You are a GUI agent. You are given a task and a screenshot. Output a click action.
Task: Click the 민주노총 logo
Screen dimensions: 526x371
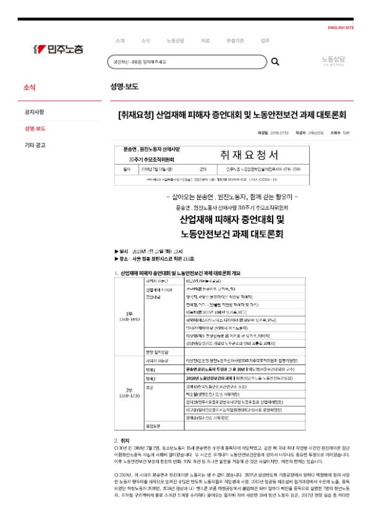point(59,49)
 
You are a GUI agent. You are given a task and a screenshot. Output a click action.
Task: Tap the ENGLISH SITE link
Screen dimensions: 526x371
point(341,28)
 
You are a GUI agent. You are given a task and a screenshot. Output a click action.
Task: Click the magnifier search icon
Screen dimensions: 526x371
point(275,62)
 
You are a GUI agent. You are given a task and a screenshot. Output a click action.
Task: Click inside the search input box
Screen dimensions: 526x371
point(185,62)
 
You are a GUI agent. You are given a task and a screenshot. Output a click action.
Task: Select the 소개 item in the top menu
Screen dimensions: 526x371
point(120,40)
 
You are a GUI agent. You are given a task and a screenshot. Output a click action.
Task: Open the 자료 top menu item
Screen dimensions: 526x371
point(205,40)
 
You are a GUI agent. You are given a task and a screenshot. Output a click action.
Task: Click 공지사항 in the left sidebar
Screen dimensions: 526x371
point(35,112)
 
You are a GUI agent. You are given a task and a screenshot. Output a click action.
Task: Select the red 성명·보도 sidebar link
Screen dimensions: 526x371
point(35,129)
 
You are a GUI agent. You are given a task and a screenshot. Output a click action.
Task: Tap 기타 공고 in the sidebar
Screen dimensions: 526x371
point(35,145)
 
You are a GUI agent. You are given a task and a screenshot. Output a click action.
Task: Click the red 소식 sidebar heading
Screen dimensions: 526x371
point(29,87)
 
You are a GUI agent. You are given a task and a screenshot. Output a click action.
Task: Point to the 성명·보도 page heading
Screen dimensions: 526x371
point(124,87)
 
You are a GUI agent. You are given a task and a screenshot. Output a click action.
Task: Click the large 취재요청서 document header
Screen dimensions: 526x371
point(249,154)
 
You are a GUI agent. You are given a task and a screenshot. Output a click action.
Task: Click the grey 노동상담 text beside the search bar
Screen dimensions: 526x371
point(333,59)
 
